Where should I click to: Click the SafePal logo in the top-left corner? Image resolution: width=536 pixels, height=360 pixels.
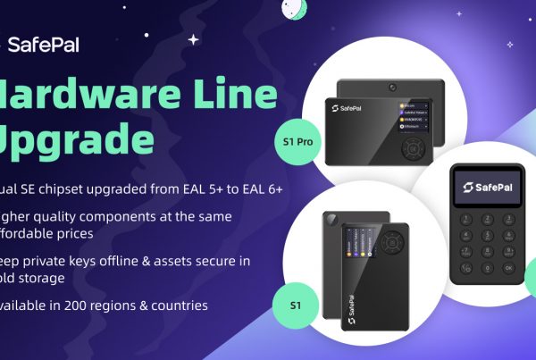45,45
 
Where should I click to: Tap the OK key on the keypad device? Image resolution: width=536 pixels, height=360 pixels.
508,267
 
